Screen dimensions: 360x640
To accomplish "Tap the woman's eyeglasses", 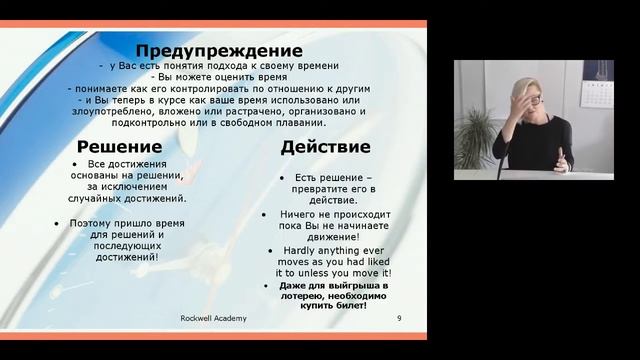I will tap(531, 101).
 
